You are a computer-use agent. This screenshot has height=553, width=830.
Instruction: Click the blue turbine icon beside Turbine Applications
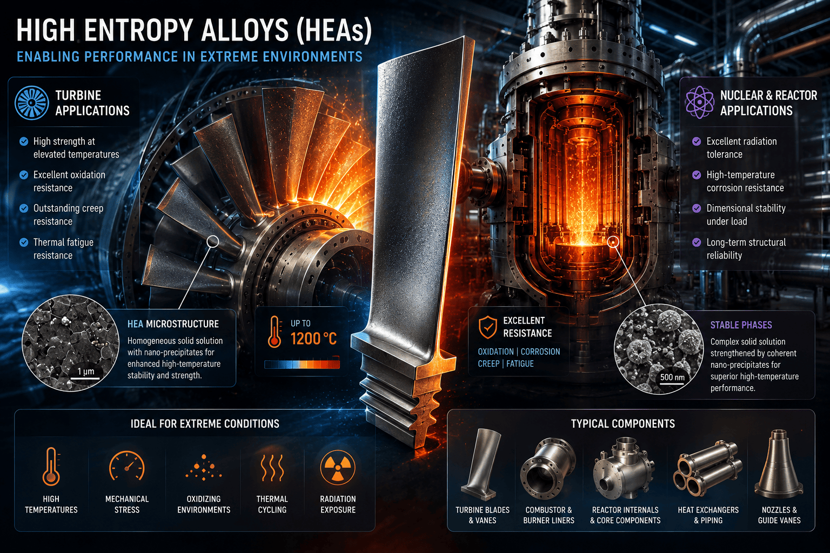(31, 103)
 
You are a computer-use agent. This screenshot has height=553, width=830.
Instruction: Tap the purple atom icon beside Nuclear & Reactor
(699, 102)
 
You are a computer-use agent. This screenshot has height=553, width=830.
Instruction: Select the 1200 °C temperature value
(313, 339)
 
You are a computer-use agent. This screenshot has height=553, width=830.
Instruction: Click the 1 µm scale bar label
(85, 371)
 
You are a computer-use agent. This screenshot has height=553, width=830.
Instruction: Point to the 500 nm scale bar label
(672, 377)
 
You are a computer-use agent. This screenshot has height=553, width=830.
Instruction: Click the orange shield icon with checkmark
(487, 327)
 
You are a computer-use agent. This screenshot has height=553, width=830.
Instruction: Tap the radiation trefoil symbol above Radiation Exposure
(338, 468)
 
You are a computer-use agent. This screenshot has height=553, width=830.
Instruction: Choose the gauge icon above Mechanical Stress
(127, 466)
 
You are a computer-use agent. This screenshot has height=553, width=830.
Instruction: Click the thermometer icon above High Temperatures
(51, 467)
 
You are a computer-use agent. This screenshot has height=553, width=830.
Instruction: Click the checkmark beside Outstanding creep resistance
(24, 208)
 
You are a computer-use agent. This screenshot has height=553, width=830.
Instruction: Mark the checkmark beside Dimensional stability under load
(697, 208)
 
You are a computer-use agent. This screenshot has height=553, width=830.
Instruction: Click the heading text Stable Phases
(741, 325)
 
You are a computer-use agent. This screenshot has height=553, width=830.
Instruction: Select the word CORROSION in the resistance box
(540, 352)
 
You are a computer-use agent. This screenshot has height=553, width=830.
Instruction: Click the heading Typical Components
(623, 424)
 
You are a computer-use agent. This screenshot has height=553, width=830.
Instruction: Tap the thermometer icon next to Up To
(275, 332)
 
